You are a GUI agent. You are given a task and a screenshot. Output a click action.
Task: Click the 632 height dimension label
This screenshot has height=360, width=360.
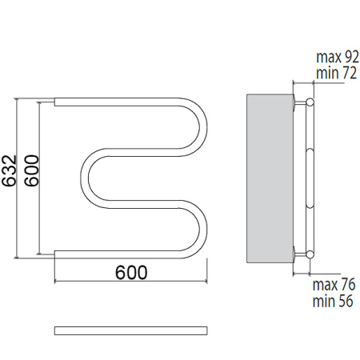coord(9,170)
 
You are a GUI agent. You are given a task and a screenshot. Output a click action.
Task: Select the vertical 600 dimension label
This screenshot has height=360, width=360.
coord(31,170)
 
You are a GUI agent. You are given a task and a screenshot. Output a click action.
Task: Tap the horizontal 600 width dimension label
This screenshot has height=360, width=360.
coord(131,272)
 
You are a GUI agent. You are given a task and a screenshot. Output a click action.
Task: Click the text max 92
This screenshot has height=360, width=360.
coord(338,57)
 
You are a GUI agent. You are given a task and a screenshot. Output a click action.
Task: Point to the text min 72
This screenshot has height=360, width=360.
coord(336,73)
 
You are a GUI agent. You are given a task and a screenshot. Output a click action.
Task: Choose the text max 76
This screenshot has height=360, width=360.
coord(334,285)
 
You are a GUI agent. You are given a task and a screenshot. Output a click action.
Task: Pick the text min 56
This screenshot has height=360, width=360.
coord(333,301)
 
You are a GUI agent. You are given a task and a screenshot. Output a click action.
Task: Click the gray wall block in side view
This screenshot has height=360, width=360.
coord(270,178)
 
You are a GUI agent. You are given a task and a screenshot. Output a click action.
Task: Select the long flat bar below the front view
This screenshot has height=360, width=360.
coord(131,330)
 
